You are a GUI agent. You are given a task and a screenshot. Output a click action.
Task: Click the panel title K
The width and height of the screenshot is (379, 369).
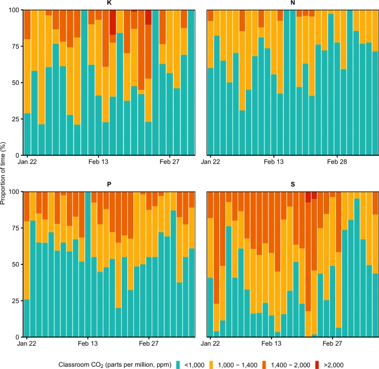point(109,4)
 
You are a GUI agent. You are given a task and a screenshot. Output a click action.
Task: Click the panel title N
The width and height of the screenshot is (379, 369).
point(292,4)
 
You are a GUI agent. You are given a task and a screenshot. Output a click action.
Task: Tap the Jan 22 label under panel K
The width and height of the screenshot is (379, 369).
point(27,162)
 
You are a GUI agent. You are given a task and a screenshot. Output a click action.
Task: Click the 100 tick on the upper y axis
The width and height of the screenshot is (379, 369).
point(14,10)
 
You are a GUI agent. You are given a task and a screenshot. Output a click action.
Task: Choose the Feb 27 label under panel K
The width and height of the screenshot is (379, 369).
point(169,162)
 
